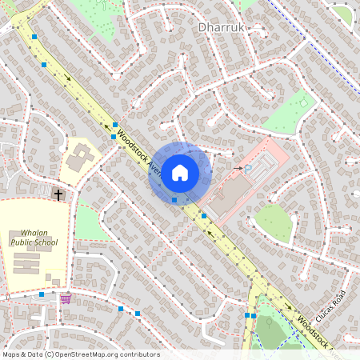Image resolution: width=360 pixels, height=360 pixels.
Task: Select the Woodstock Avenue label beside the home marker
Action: pos(137,150)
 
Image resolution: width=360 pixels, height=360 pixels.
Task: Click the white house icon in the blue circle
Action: pos(180,172)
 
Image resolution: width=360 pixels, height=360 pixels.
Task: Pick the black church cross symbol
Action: pos(58,194)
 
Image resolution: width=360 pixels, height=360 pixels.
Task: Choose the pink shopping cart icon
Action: pos(66,298)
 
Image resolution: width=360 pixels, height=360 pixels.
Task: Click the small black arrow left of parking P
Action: pos(238,168)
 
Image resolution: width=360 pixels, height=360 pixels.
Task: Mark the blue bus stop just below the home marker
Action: pos(174,199)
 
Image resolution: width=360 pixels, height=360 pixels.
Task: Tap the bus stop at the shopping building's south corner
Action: pos(204,215)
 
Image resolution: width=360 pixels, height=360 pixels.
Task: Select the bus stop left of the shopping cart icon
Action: pos(42,294)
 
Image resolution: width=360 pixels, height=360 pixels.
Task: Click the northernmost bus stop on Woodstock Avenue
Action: pos(34,37)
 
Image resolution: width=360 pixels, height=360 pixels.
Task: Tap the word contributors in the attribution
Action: pos(142,354)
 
